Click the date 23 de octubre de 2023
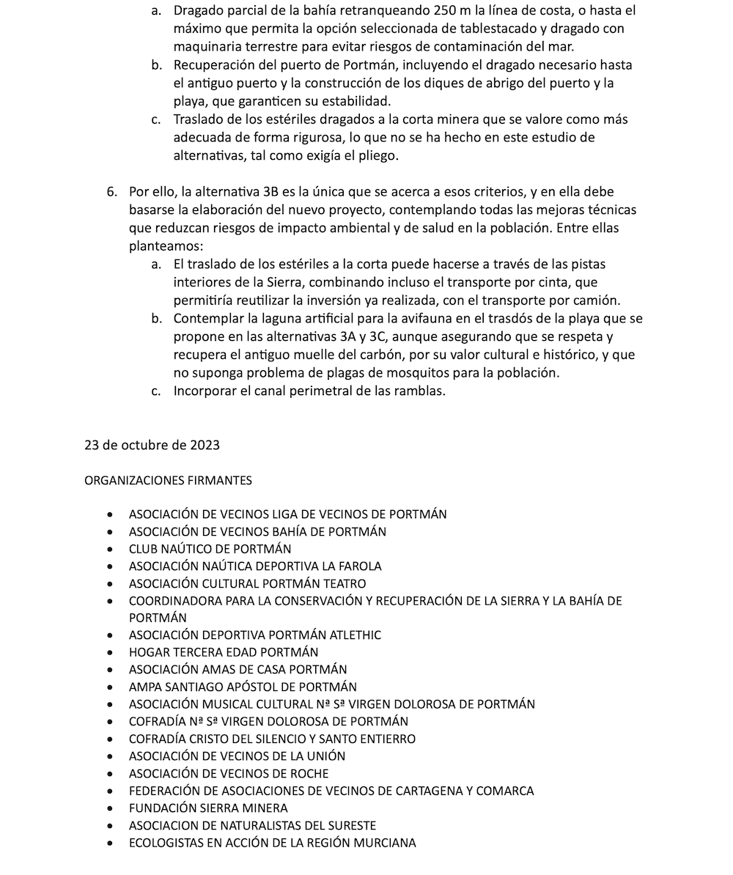(152, 445)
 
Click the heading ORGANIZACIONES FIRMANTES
(168, 481)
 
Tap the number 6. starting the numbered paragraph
(111, 192)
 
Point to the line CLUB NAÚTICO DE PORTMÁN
(210, 549)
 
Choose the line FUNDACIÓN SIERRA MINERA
(208, 808)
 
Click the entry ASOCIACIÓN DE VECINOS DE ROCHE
(229, 774)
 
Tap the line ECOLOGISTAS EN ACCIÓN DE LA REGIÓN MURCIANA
(272, 843)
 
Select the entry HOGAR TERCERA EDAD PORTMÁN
(224, 652)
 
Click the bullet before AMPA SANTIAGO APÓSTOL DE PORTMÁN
(110, 687)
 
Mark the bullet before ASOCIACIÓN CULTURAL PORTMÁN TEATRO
(110, 584)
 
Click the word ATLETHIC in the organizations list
(356, 635)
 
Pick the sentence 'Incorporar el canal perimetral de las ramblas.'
(309, 391)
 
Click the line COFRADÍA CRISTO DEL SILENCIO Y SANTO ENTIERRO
(272, 739)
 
